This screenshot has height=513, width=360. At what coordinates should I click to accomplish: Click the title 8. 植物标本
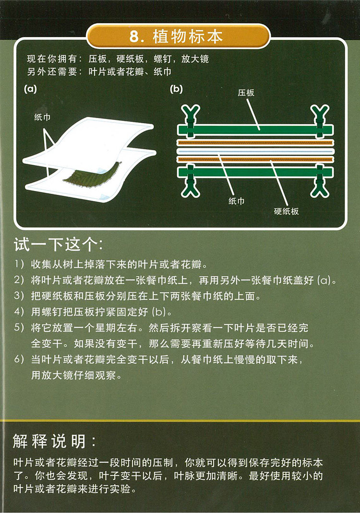[176, 36]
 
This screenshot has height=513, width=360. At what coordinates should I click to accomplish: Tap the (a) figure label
[30, 89]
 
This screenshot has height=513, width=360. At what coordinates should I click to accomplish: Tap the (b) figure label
[177, 89]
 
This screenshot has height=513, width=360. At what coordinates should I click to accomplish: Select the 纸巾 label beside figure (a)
[42, 117]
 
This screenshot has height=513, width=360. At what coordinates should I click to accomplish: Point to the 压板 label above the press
[246, 93]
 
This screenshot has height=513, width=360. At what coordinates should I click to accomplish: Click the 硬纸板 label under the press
[287, 211]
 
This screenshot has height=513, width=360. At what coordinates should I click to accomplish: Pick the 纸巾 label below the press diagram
[236, 201]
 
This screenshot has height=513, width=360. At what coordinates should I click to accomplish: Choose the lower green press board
[255, 172]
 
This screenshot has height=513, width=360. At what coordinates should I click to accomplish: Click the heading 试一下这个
[58, 244]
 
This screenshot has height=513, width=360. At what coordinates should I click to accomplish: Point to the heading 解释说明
[54, 441]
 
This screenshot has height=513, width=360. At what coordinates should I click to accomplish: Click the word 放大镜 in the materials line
[195, 59]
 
